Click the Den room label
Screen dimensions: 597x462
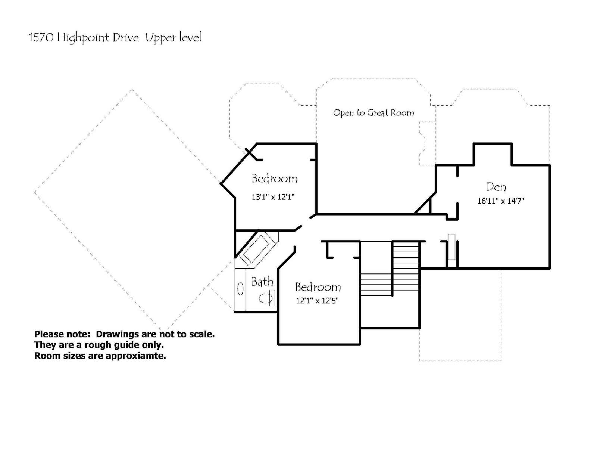[496, 187]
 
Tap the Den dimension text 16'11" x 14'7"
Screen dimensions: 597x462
[501, 201]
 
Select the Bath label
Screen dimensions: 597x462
[262, 282]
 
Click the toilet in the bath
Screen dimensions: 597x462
[267, 298]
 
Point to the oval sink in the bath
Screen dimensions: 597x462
[240, 289]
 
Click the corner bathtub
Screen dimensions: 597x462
[256, 249]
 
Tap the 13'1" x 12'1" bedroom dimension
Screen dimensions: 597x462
[273, 197]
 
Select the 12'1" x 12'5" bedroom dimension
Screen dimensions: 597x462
[317, 301]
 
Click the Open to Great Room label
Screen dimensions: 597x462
[373, 113]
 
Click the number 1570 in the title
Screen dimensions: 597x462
[41, 38]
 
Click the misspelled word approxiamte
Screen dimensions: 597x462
[136, 356]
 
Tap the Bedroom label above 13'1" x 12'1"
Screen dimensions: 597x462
[275, 179]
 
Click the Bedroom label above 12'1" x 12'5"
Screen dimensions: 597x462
[318, 287]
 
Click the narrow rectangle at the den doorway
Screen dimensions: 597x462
[451, 246]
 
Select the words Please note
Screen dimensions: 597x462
[62, 334]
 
